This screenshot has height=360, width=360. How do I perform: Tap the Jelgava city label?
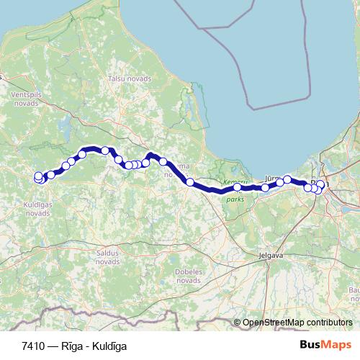[x=271, y=255]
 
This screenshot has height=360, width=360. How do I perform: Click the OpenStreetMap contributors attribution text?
[x=297, y=323]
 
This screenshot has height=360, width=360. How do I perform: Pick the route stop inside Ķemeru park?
[x=237, y=187]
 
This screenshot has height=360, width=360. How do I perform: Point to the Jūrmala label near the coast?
[x=272, y=176]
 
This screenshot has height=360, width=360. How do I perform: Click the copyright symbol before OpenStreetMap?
[x=237, y=323]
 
